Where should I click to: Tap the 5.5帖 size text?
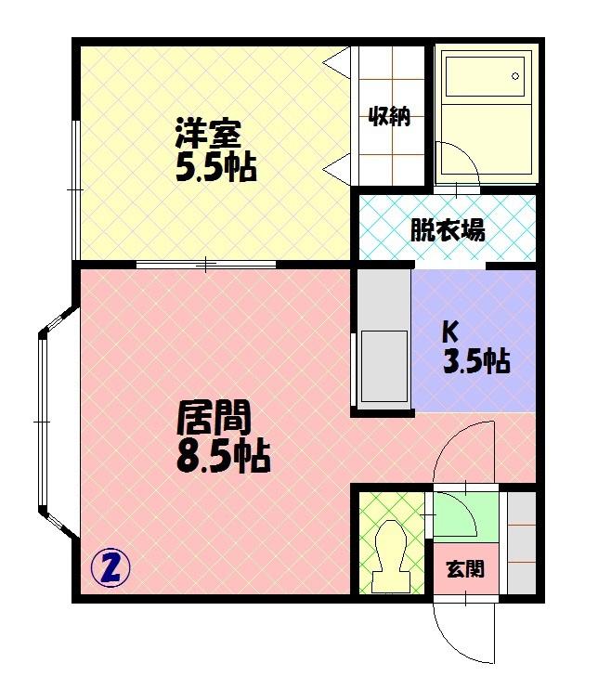coord(215,167)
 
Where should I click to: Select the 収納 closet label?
coord(389,116)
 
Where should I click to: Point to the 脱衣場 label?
coord(448,229)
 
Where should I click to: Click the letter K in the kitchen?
coord(449,331)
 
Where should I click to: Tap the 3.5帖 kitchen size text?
coord(476,361)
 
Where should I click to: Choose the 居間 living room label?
coord(214,417)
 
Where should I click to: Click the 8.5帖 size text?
coord(224,456)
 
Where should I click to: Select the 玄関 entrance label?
coord(465,569)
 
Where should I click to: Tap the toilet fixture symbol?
coord(392,555)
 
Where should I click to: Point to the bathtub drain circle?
coord(515,76)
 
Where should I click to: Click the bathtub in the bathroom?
coord(485,76)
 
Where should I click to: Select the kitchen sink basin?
coord(384,367)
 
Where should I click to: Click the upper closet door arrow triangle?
coord(336,63)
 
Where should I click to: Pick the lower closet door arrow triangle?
coord(336,169)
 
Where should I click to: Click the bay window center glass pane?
coord(42,422)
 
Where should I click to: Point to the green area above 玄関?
coord(466,517)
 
